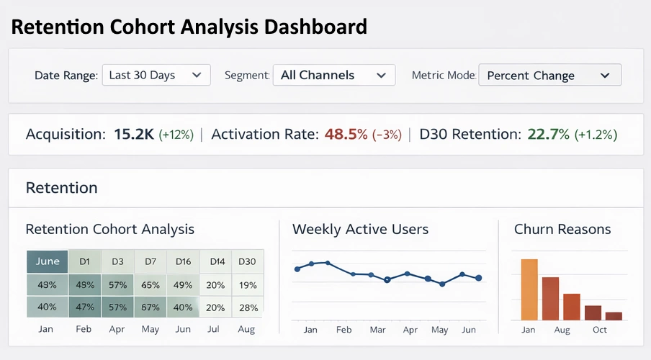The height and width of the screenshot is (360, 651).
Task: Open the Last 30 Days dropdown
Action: tap(156, 75)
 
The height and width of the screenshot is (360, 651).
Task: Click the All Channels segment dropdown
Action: tap(334, 75)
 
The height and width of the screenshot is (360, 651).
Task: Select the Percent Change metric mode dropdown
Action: tap(549, 76)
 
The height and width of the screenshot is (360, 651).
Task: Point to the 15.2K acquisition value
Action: tap(134, 135)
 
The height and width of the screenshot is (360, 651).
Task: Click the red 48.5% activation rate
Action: tap(346, 135)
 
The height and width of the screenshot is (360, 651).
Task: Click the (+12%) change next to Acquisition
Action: tap(176, 135)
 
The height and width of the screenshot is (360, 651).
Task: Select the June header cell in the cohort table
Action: tap(47, 261)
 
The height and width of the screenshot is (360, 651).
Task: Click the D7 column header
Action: tap(151, 261)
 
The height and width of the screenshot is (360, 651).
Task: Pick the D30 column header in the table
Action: tap(247, 261)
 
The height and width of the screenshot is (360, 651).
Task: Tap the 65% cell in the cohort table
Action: tap(151, 284)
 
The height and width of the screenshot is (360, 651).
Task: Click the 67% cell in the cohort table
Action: tap(151, 307)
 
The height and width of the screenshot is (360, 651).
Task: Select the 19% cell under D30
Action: tap(247, 284)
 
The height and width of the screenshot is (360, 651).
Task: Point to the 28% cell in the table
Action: tap(247, 307)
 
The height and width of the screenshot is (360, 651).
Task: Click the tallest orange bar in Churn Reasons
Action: tap(529, 289)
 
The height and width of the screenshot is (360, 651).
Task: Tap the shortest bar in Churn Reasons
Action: tap(614, 315)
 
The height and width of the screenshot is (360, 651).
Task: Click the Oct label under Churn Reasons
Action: tap(600, 330)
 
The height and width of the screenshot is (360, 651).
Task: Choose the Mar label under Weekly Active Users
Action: tap(377, 330)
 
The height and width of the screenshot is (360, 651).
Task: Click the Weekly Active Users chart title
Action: tap(360, 230)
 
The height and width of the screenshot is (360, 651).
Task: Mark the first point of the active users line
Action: tap(297, 269)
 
